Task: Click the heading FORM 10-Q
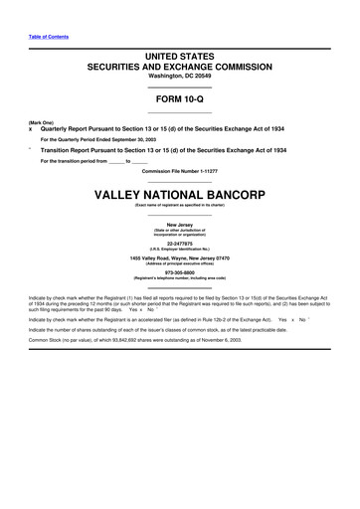(x=179, y=100)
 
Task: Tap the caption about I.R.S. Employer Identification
(x=179, y=248)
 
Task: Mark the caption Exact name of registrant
(x=179, y=205)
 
